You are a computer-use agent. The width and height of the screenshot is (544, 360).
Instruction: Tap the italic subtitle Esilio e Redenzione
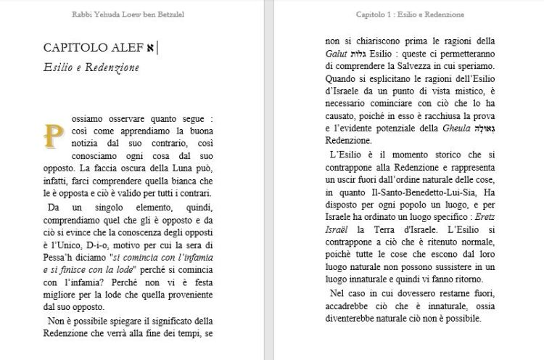pyautogui.click(x=91, y=67)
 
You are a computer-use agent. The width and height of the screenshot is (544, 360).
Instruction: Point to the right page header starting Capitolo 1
pyautogui.click(x=410, y=14)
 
